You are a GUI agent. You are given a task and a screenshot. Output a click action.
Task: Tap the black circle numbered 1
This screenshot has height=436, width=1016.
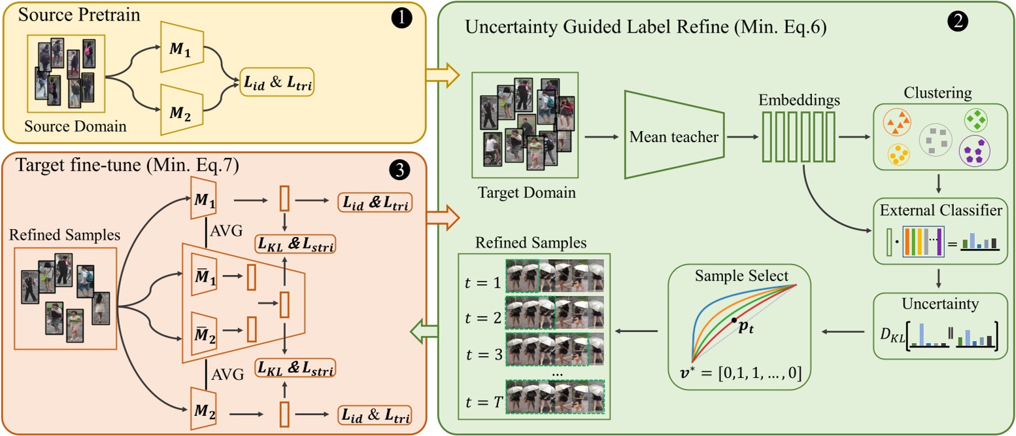(x=403, y=18)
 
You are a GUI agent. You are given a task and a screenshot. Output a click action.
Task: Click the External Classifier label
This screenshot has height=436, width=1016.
(x=939, y=210)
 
